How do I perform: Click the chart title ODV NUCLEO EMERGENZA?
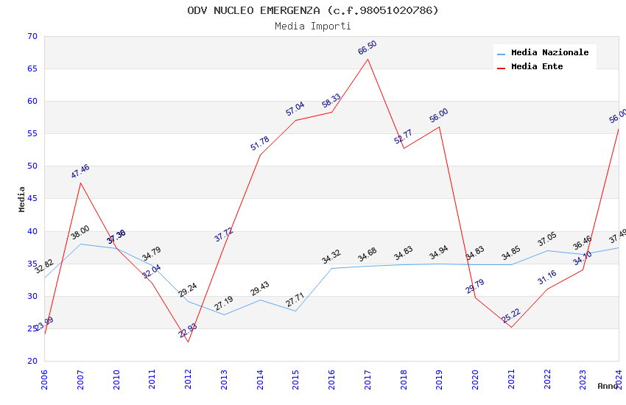(x=313, y=10)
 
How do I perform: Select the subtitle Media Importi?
(x=313, y=26)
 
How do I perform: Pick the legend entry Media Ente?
(x=537, y=66)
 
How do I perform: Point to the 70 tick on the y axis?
(x=31, y=36)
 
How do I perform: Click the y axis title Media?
(x=22, y=199)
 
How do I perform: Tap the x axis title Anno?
(x=608, y=386)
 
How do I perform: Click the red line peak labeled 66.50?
(x=368, y=59)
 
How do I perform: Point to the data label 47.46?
(x=80, y=172)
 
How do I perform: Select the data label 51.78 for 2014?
(x=260, y=144)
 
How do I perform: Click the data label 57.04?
(x=295, y=109)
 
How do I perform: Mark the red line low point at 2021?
(x=512, y=327)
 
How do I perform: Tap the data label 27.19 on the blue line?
(x=224, y=303)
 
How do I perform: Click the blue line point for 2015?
(x=296, y=311)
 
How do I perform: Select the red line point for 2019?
(x=440, y=127)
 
